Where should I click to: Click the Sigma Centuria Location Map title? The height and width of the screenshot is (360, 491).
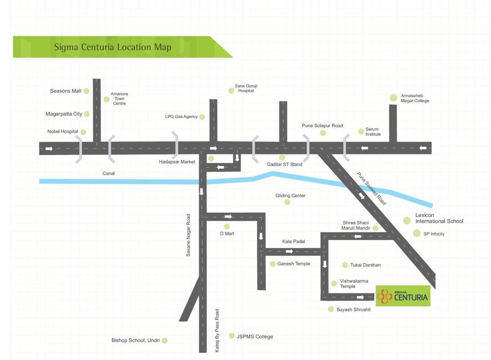pyautogui.click(x=112, y=47)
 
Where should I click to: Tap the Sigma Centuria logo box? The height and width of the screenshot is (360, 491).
pyautogui.click(x=403, y=296)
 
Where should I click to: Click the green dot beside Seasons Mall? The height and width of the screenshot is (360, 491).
pyautogui.click(x=86, y=91)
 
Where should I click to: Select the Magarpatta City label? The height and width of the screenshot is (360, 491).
pyautogui.click(x=64, y=114)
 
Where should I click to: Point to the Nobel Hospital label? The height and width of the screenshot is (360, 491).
pyautogui.click(x=62, y=131)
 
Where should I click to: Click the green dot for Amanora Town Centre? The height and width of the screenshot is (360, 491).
pyautogui.click(x=107, y=99)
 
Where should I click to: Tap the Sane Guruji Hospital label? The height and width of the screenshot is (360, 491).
pyautogui.click(x=246, y=88)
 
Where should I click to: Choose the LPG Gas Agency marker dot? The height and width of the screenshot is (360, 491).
pyautogui.click(x=202, y=117)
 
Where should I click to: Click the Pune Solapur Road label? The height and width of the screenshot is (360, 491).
pyautogui.click(x=322, y=126)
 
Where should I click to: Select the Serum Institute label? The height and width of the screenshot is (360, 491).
pyautogui.click(x=373, y=131)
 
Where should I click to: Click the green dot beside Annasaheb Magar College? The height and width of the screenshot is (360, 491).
pyautogui.click(x=393, y=98)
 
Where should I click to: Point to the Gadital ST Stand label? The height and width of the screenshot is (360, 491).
pyautogui.click(x=285, y=164)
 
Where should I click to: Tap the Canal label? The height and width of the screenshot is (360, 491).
pyautogui.click(x=108, y=173)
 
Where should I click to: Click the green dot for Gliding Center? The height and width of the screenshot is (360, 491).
pyautogui.click(x=287, y=202)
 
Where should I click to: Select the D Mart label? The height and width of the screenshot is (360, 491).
pyautogui.click(x=227, y=234)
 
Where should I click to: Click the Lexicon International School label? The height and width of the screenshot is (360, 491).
pyautogui.click(x=439, y=218)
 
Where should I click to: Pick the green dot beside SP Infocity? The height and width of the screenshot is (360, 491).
pyautogui.click(x=416, y=233)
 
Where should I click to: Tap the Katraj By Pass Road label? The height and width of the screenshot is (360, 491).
pyautogui.click(x=217, y=330)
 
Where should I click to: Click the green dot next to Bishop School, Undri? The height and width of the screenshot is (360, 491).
pyautogui.click(x=165, y=341)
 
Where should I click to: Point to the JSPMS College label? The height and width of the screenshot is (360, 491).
pyautogui.click(x=254, y=336)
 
